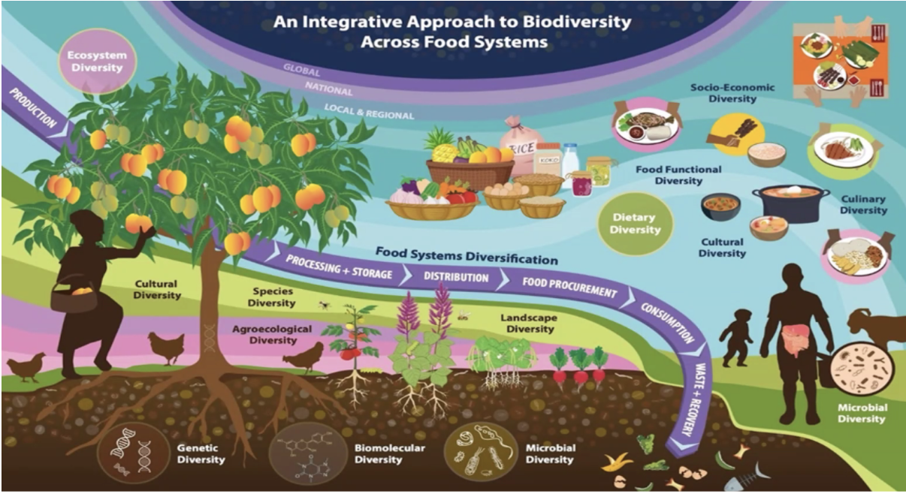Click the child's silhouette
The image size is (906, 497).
pyautogui.click(x=736, y=336)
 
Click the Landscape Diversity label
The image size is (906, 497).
pyautogui.click(x=529, y=324)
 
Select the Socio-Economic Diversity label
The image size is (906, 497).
pyautogui.click(x=732, y=93)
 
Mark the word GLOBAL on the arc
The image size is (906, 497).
pyautogui.click(x=301, y=72)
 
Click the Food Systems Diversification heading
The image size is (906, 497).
pyautogui.click(x=467, y=255)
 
